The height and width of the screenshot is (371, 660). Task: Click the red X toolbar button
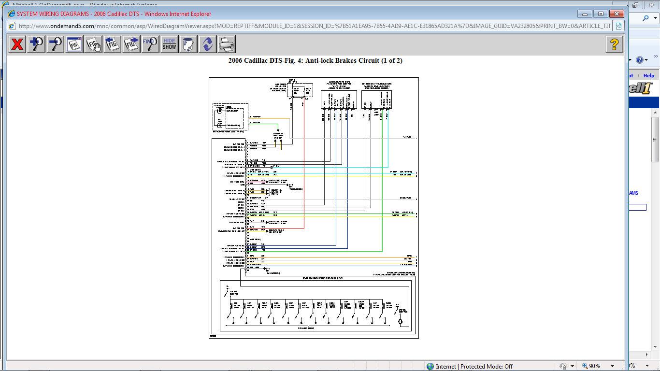pos(17,44)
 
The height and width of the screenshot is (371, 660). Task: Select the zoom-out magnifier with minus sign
pos(56,44)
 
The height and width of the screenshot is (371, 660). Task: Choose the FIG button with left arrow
pos(113,44)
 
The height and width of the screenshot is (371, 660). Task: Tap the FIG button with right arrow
pos(131,44)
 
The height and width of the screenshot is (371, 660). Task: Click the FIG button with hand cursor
pos(94,44)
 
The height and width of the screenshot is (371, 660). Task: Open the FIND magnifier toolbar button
pos(150,44)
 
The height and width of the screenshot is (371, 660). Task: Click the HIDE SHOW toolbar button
pos(169,44)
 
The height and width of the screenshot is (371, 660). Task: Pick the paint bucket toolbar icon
pos(188,44)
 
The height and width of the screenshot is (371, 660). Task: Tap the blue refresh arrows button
pos(207,44)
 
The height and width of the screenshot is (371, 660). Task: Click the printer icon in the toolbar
pos(227,44)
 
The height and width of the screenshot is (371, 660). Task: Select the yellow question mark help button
pos(614,44)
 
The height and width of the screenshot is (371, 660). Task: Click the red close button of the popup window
pos(617,14)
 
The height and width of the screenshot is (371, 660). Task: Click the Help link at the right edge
pos(649,75)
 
